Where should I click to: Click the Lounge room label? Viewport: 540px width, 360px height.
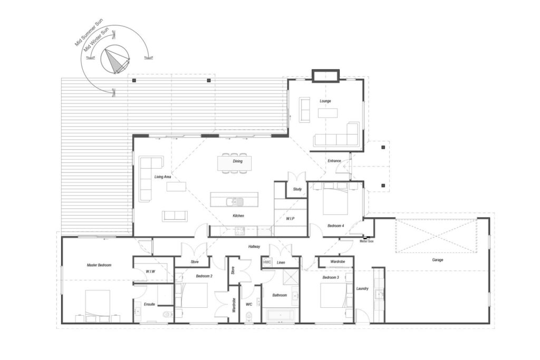coord(325,101)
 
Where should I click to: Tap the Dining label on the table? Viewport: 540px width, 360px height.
coord(238,161)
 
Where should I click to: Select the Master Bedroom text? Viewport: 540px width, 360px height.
coord(99,265)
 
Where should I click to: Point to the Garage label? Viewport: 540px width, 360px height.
coord(437,260)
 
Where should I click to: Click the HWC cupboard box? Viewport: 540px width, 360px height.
coord(267,262)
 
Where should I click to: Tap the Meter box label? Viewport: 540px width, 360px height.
coord(367,241)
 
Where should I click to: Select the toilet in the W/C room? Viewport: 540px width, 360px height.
coord(249,317)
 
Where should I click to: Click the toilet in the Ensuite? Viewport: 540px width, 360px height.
coord(167,314)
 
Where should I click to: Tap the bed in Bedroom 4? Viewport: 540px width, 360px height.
coord(335,199)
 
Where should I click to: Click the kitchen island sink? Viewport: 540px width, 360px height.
coord(235,201)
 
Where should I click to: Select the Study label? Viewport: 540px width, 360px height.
coord(297,189)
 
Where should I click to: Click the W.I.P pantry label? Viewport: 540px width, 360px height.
coord(291,219)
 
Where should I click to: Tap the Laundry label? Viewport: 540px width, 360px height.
coord(362,288)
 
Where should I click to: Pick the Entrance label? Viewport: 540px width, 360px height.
coord(334,161)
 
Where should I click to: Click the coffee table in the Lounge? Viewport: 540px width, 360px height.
coord(327,113)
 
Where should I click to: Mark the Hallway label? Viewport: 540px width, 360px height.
coord(254,247)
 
